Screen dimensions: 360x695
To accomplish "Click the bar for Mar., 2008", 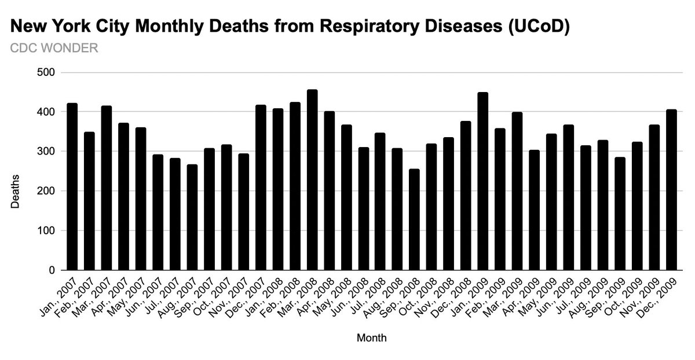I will pyautogui.click(x=312, y=180).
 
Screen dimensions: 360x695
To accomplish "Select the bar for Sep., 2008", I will pyautogui.click(x=415, y=220).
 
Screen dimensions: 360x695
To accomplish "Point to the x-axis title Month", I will pyautogui.click(x=371, y=337).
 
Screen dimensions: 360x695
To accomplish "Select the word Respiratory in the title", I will pyautogui.click(x=357, y=27).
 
